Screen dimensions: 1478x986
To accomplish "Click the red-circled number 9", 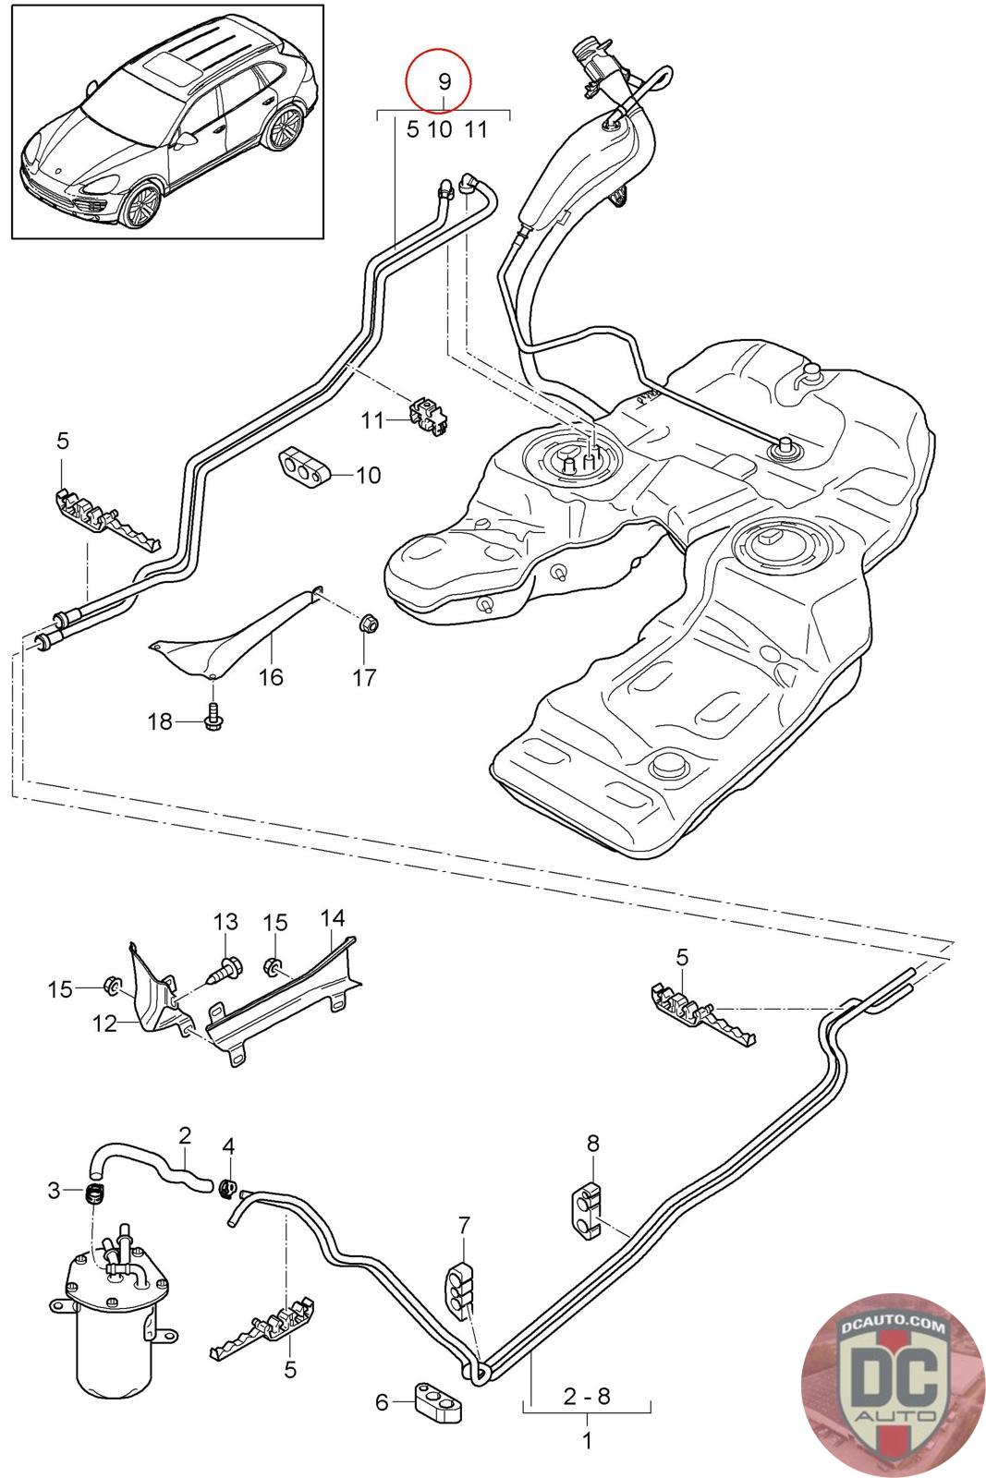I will point(444,81).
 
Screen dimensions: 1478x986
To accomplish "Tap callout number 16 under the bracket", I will point(271,677).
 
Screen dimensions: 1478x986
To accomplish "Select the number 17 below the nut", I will point(364,678).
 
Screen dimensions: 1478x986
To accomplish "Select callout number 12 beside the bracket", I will point(104,1023).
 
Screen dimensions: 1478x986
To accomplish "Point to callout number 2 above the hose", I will point(185,1134).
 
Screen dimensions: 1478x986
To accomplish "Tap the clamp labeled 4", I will point(227,1186).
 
